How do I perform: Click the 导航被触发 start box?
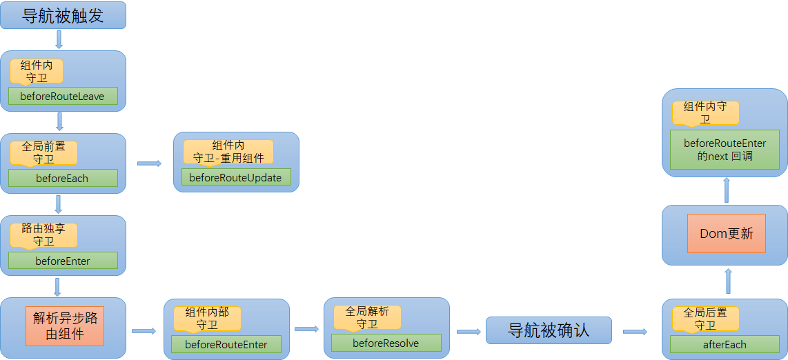(63, 15)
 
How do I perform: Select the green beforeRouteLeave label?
(63, 96)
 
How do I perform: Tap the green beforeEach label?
(63, 178)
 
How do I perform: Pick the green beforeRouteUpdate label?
(235, 177)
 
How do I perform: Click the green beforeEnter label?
(63, 261)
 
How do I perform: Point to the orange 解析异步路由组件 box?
(65, 326)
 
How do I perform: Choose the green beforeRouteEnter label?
(226, 344)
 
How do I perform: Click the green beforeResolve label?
(386, 343)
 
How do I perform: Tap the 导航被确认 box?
(549, 330)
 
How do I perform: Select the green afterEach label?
(725, 344)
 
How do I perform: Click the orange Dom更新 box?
(726, 233)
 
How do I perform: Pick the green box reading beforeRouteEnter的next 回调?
(725, 150)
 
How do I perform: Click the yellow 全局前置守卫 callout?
(43, 152)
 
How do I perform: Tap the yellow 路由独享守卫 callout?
(43, 234)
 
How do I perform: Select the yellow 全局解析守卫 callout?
(367, 317)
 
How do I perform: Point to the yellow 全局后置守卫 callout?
(705, 318)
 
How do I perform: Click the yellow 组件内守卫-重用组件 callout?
(228, 151)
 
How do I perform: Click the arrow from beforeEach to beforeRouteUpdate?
(149, 163)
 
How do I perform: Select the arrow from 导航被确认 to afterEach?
(635, 332)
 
